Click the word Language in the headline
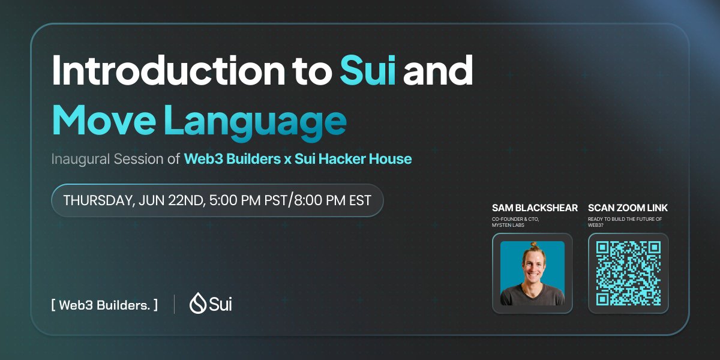(255, 121)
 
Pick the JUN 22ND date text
(171, 200)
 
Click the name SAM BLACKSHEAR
(535, 208)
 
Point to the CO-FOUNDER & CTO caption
(515, 218)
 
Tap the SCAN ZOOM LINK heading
(628, 208)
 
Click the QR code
(628, 273)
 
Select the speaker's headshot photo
(532, 273)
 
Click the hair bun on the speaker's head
(533, 246)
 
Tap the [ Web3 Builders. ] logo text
(105, 305)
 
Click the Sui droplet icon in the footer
(197, 304)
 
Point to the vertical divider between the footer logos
(175, 304)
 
